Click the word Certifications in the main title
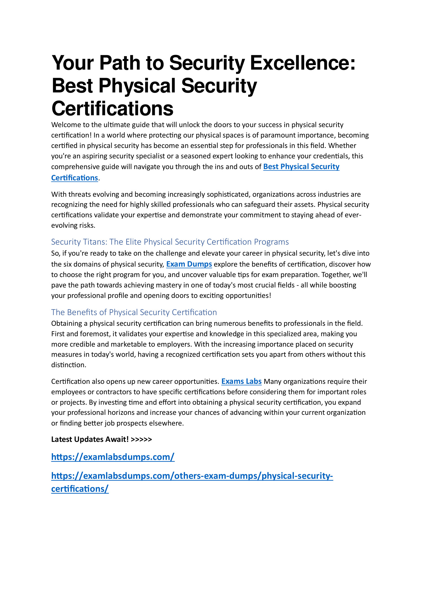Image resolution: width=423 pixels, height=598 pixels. pos(112,108)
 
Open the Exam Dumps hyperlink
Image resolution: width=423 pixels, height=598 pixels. pos(189,264)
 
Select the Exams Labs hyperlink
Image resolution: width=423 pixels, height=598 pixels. pos(241,382)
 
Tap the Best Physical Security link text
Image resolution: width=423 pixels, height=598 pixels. pos(301,167)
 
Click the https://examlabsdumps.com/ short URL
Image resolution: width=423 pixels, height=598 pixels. pos(113,457)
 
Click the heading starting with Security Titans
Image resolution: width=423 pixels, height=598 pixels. pos(170,242)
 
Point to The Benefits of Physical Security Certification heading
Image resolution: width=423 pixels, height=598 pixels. pos(134,312)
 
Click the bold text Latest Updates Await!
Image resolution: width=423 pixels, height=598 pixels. pos(90,439)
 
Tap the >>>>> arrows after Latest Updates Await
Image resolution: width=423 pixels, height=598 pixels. pos(142,439)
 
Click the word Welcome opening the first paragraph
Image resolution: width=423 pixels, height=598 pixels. pos(66,125)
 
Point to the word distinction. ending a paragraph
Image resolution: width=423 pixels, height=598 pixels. pos(69,365)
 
